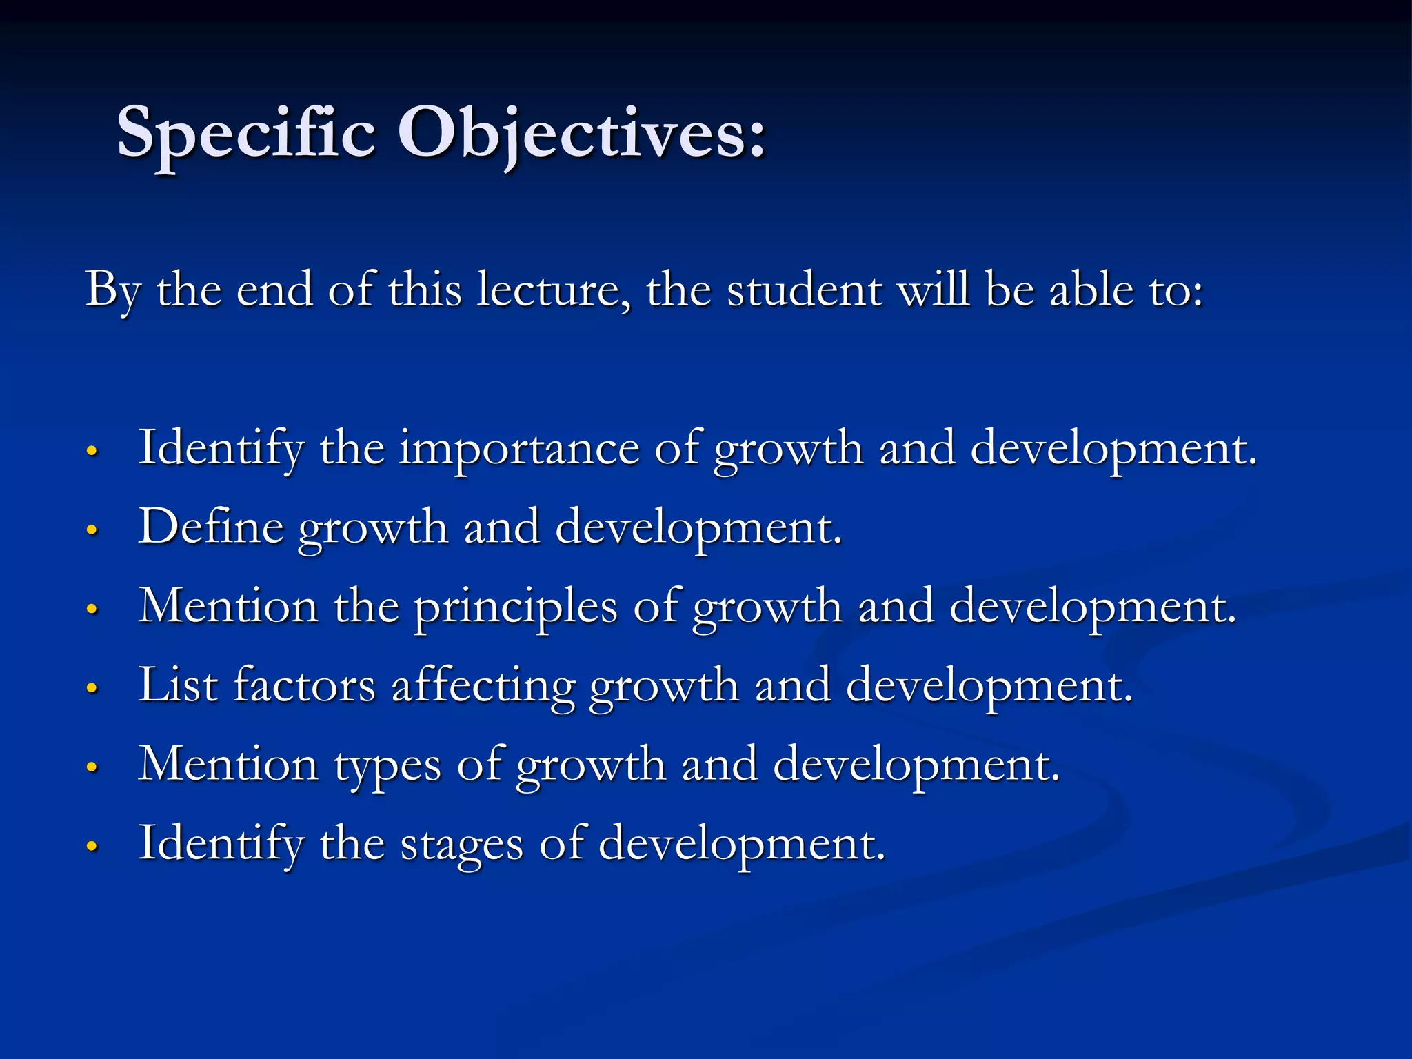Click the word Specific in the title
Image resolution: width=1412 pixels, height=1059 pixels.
246,132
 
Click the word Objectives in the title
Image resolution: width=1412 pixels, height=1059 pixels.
581,132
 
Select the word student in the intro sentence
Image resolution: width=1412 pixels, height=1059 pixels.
805,290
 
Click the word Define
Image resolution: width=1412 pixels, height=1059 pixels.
210,527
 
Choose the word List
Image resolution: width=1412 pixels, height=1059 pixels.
178,685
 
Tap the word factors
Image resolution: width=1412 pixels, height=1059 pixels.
304,685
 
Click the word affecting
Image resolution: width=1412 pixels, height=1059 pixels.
483,687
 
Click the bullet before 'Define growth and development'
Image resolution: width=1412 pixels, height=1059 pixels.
92,530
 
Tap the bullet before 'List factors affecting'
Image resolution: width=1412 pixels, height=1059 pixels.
92,688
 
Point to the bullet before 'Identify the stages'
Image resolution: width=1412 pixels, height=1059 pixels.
92,846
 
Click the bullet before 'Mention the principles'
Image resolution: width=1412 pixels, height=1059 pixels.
92,609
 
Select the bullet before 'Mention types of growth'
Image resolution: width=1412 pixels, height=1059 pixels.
92,767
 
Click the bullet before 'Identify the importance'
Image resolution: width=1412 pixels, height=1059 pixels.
92,451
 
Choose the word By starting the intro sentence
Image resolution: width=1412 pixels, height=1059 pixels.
113,290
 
